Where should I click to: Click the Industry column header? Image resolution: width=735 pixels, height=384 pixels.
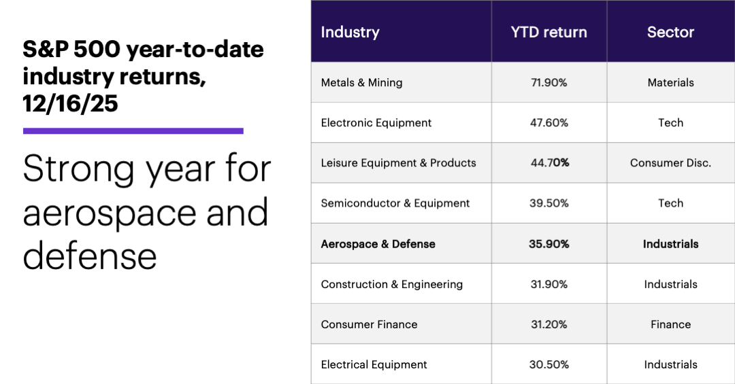click(x=350, y=32)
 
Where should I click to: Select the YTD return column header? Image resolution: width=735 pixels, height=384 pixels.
click(x=549, y=32)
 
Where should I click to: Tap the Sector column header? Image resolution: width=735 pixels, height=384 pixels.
click(x=670, y=32)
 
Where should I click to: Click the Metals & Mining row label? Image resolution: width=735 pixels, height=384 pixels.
click(x=361, y=83)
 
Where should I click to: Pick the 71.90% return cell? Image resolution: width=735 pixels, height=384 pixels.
click(x=549, y=83)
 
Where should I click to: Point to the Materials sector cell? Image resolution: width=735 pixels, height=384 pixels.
click(x=670, y=83)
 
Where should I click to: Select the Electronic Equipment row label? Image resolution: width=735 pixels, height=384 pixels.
click(x=376, y=123)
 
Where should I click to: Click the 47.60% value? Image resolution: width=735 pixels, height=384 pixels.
click(x=549, y=123)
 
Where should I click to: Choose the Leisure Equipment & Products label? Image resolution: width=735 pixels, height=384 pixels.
click(x=398, y=163)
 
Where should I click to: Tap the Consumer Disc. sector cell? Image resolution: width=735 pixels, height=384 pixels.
click(x=670, y=163)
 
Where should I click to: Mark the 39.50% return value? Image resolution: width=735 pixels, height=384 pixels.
click(x=549, y=203)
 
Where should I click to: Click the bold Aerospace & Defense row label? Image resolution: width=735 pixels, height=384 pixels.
click(x=378, y=244)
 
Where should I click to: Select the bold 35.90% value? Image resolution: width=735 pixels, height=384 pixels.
click(x=549, y=244)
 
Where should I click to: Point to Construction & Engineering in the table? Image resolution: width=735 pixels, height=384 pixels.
click(x=391, y=284)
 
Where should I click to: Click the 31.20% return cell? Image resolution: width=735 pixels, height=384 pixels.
click(x=549, y=324)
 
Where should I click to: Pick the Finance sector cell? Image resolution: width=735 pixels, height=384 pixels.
click(x=670, y=324)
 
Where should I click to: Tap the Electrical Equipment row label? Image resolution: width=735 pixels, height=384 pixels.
click(x=374, y=364)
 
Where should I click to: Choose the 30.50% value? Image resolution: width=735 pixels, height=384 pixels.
click(x=549, y=364)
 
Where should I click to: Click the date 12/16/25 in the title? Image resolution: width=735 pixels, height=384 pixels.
click(x=70, y=104)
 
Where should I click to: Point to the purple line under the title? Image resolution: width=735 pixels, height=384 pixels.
click(x=133, y=130)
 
